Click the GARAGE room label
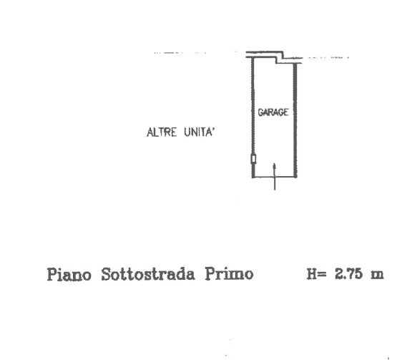[x=273, y=112]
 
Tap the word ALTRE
[x=162, y=132]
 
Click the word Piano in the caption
[x=69, y=274]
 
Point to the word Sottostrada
[x=148, y=274]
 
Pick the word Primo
[x=230, y=274]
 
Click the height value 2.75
[x=349, y=274]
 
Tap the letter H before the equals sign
[x=311, y=274]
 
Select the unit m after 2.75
[x=377, y=275]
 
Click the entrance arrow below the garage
[x=275, y=177]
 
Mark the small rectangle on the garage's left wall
[x=253, y=159]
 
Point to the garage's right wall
[x=295, y=120]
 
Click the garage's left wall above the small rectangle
[x=253, y=106]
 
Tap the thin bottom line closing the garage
[x=274, y=177]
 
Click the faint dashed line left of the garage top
[x=180, y=53]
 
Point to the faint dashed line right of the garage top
[x=328, y=58]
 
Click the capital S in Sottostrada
[x=107, y=274]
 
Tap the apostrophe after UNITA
[x=213, y=130]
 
